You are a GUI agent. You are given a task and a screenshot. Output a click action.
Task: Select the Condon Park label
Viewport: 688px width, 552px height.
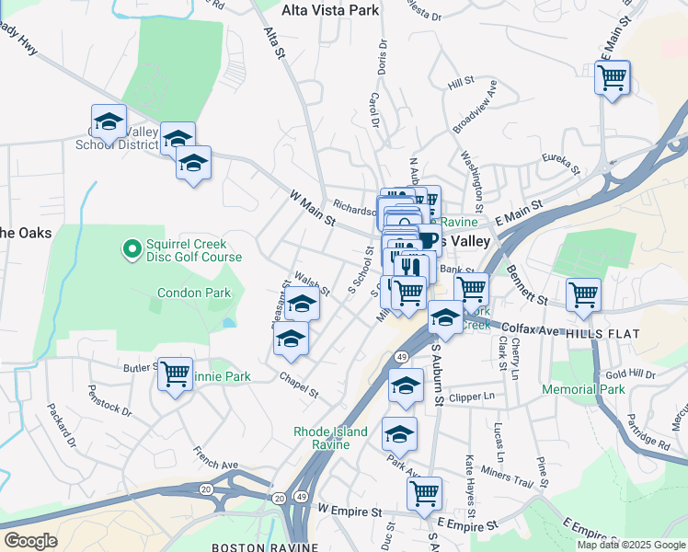tap(193, 293)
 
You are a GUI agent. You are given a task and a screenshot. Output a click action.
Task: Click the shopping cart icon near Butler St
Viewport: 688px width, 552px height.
tap(175, 374)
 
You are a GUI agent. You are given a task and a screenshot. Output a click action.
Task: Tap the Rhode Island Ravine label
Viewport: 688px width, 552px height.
tap(331, 438)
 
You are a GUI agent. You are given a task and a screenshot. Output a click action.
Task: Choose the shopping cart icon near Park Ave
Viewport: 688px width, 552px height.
tap(424, 493)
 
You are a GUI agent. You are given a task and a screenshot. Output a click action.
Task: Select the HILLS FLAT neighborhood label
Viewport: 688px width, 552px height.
tap(602, 333)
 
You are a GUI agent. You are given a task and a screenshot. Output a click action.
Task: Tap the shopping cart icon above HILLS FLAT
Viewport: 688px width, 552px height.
tap(583, 294)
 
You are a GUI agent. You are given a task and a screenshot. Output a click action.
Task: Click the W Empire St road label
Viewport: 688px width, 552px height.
tap(349, 510)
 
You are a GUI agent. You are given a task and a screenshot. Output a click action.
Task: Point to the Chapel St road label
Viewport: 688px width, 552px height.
tap(300, 385)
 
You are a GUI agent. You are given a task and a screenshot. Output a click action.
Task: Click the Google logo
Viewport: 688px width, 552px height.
tap(30, 541)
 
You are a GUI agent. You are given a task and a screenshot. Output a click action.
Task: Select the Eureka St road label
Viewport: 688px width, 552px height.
tap(561, 164)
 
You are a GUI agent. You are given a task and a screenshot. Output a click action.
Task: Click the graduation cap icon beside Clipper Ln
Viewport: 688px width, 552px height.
tap(405, 385)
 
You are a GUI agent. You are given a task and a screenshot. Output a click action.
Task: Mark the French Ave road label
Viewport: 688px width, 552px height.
tap(215, 459)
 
